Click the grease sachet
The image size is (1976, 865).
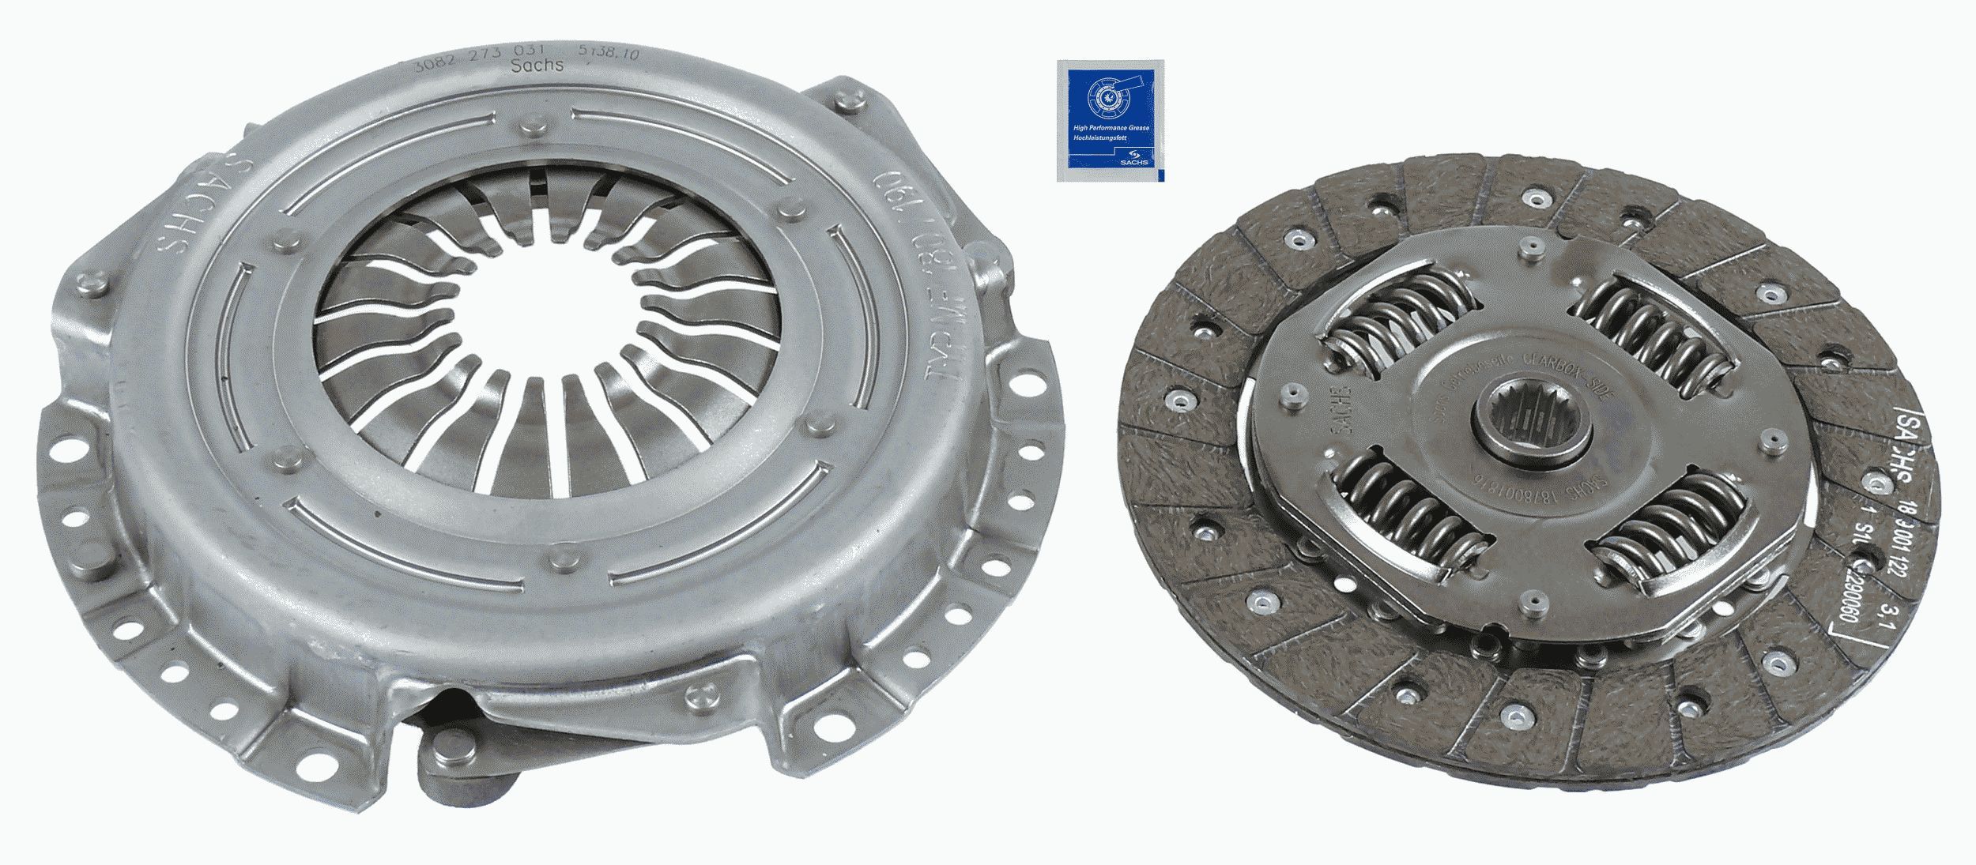(x=1111, y=119)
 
